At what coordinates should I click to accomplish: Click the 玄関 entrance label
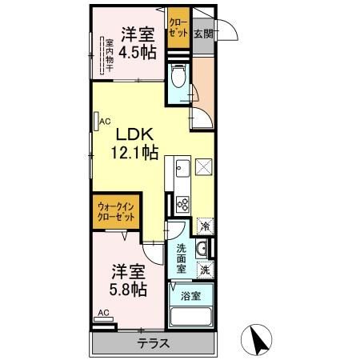click(x=203, y=34)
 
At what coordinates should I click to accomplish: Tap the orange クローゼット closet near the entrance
click(x=178, y=29)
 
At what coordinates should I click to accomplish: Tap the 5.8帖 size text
click(x=126, y=289)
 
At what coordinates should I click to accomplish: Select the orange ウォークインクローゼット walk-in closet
click(x=115, y=213)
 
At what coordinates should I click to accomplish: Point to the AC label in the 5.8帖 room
click(x=103, y=314)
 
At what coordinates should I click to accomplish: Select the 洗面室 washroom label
click(x=182, y=258)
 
